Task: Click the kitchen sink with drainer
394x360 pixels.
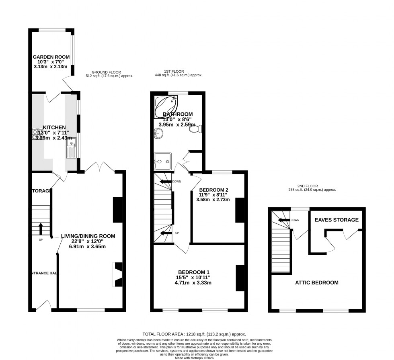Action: tap(71, 149)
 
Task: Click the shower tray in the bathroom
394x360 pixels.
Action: tap(162, 162)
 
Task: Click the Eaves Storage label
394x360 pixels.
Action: tap(337, 220)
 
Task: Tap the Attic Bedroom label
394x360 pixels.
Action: tap(317, 282)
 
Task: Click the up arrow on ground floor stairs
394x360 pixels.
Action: tap(41, 229)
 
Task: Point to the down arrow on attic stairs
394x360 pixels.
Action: tap(284, 220)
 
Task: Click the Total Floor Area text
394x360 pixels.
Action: tap(194, 334)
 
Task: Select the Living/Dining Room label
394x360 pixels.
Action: tap(88, 236)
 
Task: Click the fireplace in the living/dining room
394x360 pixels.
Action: tap(118, 274)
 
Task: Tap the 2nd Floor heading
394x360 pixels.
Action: tap(308, 186)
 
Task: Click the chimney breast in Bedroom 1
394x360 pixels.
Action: tap(240, 278)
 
